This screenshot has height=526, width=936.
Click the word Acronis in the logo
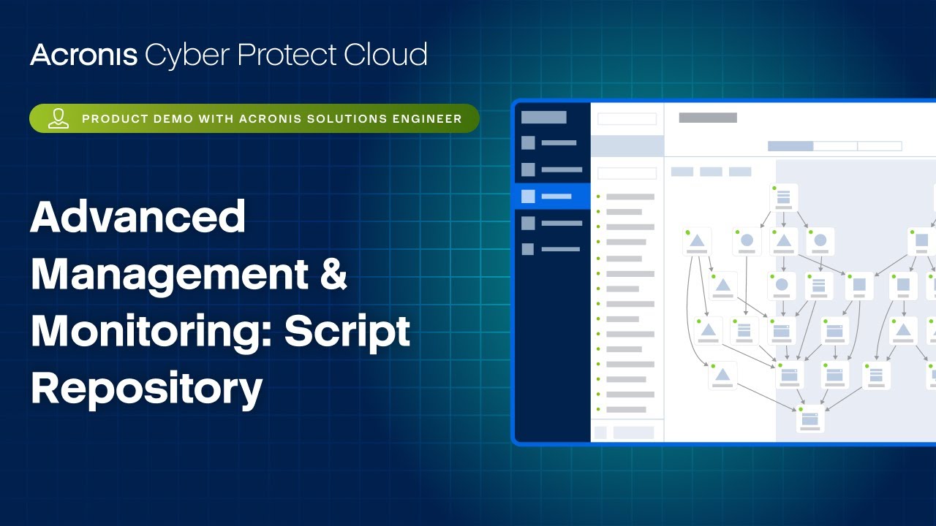coord(83,56)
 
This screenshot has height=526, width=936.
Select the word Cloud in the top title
coord(387,56)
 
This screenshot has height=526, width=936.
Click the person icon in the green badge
coord(58,118)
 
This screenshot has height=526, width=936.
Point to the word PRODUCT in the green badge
coord(112,118)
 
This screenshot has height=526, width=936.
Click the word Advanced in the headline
coord(137,217)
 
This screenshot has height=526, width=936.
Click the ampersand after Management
coord(333,274)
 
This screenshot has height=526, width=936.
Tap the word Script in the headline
coord(347,331)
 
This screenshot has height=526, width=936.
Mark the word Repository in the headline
coord(146,388)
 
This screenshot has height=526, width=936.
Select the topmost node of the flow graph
coord(784,197)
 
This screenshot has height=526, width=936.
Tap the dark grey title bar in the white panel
coord(708,118)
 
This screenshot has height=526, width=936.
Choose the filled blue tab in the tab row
coord(790,146)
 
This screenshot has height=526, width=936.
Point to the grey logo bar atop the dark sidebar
coord(544,118)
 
